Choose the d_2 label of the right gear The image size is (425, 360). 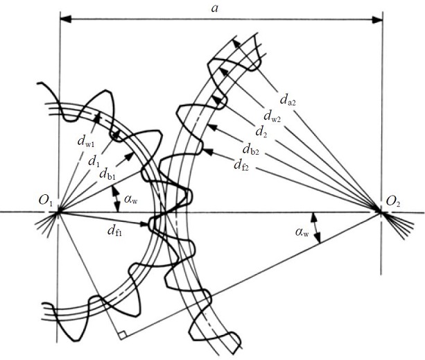tap(261, 132)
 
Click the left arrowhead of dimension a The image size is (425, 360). tap(64, 20)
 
